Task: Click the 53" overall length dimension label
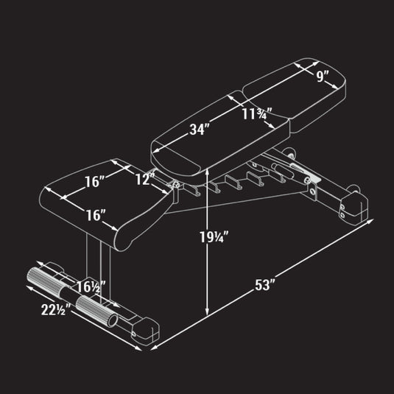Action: [x=265, y=284]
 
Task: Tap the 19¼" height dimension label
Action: [x=214, y=237]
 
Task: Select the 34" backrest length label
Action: [x=200, y=130]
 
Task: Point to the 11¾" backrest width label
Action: [x=257, y=114]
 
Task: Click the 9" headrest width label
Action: [x=323, y=76]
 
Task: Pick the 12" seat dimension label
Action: [x=145, y=179]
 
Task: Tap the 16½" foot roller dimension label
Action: [x=91, y=286]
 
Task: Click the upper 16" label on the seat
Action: [x=94, y=181]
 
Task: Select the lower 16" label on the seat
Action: [x=96, y=215]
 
